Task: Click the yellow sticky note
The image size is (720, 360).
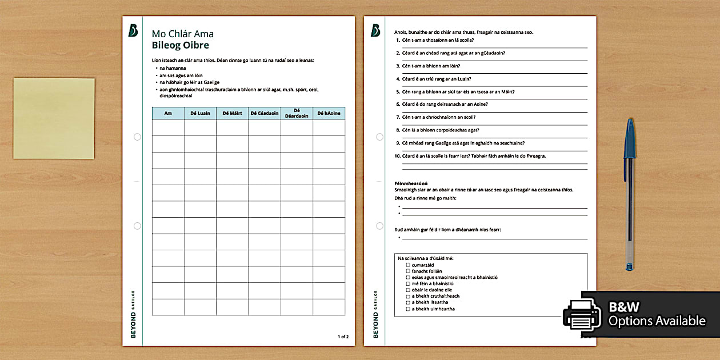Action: click(x=54, y=118)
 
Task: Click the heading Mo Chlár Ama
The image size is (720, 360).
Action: click(x=182, y=34)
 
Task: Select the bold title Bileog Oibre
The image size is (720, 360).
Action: click(x=180, y=46)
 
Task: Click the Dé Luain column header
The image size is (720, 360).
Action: click(x=200, y=113)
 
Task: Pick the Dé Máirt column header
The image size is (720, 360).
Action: click(x=232, y=113)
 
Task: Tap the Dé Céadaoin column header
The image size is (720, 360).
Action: click(x=264, y=113)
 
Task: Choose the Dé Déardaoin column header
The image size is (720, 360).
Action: click(x=297, y=113)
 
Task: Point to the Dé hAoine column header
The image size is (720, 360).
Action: click(x=329, y=113)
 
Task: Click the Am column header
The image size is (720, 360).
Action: click(x=168, y=113)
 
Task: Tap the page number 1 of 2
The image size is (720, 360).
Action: click(x=343, y=337)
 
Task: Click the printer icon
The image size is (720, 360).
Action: click(x=582, y=315)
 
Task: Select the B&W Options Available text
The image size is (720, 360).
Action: click(x=657, y=315)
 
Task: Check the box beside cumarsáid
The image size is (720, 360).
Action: click(x=408, y=265)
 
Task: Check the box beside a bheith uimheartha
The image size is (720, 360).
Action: click(x=408, y=309)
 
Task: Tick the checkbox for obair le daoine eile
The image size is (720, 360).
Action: click(x=408, y=290)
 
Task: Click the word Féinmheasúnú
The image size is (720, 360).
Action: click(x=407, y=183)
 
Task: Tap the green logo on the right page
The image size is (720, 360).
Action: click(x=375, y=31)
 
